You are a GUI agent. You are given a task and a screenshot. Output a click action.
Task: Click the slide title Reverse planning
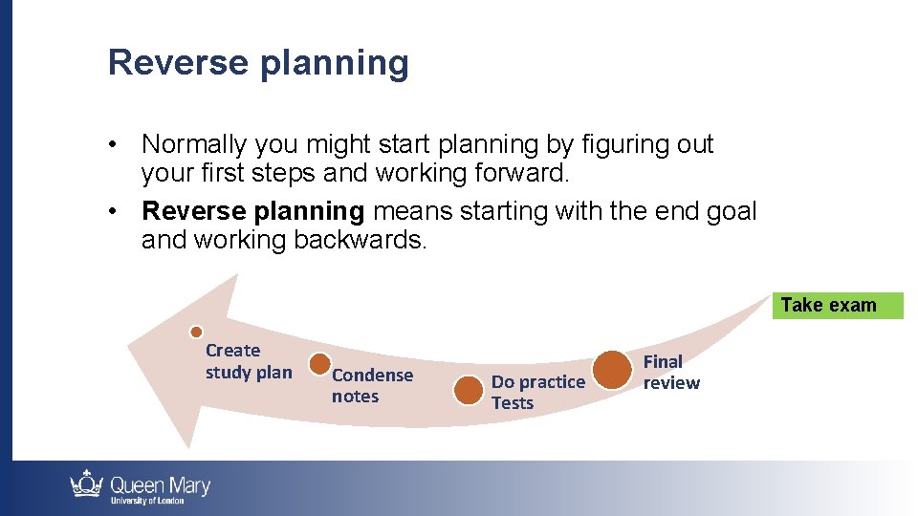pos(258,63)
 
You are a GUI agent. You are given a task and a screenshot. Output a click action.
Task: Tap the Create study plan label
pos(248,361)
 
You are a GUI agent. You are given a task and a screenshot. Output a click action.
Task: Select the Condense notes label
pos(372,386)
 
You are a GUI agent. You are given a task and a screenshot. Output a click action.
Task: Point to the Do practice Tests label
pos(537,392)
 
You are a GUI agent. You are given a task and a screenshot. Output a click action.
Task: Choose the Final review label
pos(670,372)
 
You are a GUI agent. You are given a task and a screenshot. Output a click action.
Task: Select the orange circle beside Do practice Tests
pos(468,390)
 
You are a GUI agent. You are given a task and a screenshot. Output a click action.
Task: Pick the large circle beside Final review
pos(612,370)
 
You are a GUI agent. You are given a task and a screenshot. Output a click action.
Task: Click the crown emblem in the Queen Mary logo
pos(87,485)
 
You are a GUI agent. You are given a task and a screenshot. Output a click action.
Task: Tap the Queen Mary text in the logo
pos(160,484)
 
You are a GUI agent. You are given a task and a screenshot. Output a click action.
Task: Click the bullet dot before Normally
pos(115,145)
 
